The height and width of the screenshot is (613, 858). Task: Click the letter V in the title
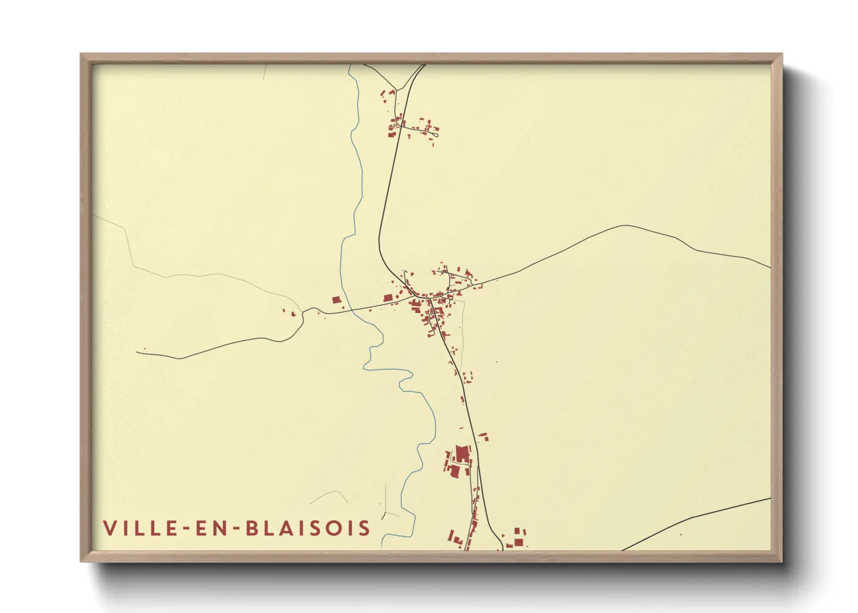[x=110, y=528]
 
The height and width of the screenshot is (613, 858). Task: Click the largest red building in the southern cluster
[x=463, y=454]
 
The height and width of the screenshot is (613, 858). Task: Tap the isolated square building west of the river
[x=336, y=300]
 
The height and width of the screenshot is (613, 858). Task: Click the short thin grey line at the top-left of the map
[x=264, y=72]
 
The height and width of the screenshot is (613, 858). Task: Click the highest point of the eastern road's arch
[x=623, y=225]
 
